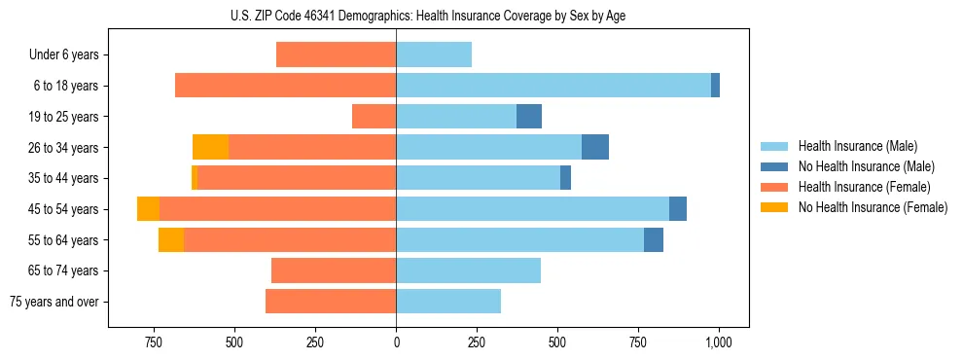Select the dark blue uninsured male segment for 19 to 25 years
pos(529,117)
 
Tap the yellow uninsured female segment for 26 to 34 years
pos(210,147)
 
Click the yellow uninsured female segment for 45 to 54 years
pos(148,209)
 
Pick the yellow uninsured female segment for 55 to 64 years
pos(171,239)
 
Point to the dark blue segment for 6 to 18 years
pos(715,86)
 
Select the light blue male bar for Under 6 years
pos(434,54)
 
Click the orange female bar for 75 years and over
pos(331,302)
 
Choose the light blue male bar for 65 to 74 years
pos(468,270)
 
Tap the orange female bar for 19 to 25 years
pos(374,117)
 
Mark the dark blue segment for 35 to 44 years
pos(565,178)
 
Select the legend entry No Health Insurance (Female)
pos(873,207)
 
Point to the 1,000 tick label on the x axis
pos(719,342)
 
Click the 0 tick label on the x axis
pos(396,342)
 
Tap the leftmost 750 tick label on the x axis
pos(153,342)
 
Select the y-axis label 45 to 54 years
pos(64,209)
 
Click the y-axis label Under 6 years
pos(63,55)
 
